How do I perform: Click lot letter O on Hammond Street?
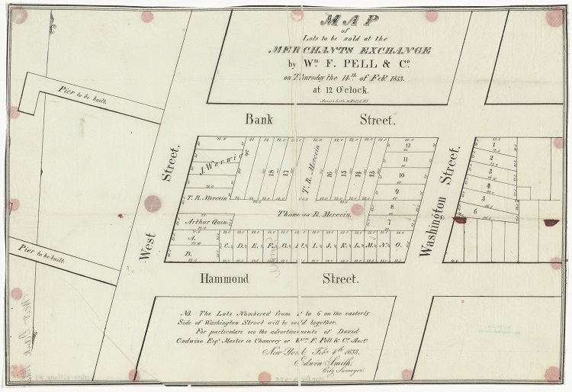click(398, 246)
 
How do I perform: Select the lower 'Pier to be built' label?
click(43, 254)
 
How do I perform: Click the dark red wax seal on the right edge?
click(551, 223)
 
